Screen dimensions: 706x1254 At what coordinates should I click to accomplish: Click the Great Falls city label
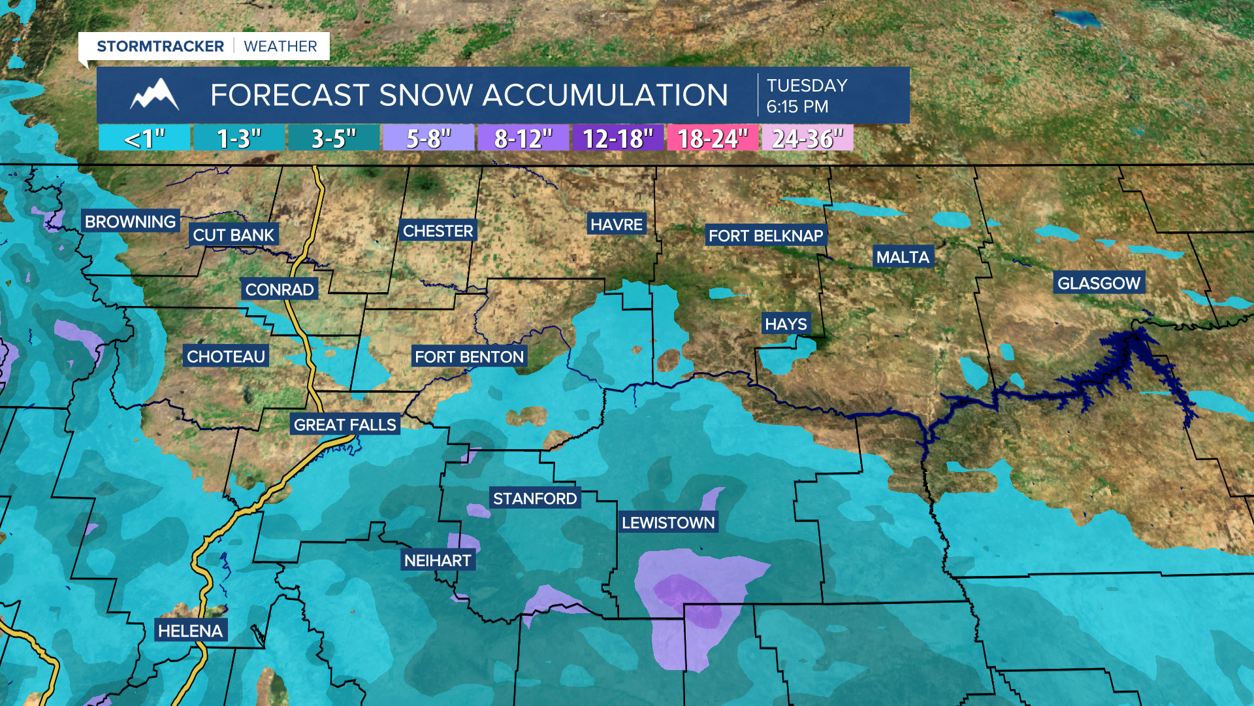tap(345, 425)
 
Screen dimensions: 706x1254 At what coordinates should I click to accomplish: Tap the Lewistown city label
tap(668, 522)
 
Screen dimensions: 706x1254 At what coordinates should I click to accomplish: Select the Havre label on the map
tap(617, 225)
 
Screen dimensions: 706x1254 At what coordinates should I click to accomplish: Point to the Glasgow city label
tap(1099, 283)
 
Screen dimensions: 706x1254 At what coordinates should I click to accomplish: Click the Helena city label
tap(190, 631)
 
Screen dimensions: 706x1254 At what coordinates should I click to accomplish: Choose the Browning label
tap(130, 222)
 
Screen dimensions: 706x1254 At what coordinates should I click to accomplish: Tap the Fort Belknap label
tap(765, 235)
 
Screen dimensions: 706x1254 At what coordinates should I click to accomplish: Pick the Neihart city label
tap(437, 560)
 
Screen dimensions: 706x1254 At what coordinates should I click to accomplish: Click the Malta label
tap(903, 257)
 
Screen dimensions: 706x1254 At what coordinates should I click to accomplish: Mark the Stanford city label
tap(534, 499)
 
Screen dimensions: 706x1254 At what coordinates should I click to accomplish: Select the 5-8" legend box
tap(428, 139)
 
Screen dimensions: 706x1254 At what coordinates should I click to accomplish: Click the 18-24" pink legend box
tap(712, 139)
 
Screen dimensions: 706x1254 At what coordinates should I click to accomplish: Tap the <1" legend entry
tap(144, 139)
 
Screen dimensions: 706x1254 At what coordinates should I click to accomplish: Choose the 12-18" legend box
tap(617, 139)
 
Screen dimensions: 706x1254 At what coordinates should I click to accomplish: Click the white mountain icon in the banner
tap(155, 95)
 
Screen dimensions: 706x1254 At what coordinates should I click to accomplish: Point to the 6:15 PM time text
tap(797, 107)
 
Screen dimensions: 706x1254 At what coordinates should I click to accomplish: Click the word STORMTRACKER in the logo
tap(160, 46)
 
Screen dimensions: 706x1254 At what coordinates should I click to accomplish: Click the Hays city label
tap(786, 324)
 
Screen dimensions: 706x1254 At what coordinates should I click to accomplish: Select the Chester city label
tap(438, 231)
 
